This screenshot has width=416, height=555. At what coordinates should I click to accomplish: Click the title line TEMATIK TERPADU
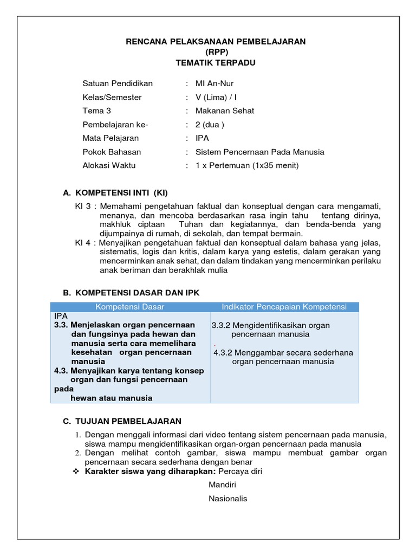[x=216, y=63]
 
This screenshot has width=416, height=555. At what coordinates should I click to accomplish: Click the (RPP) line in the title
[x=216, y=52]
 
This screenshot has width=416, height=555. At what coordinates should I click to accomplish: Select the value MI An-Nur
[x=214, y=83]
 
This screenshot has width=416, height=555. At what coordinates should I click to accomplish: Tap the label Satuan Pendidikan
[x=118, y=83]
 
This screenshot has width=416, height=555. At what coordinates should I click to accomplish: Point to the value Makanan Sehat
[x=225, y=111]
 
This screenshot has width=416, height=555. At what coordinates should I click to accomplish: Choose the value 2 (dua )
[x=210, y=125]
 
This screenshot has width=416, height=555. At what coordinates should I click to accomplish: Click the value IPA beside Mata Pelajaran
[x=202, y=138]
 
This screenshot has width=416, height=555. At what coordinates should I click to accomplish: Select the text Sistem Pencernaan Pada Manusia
[x=259, y=152]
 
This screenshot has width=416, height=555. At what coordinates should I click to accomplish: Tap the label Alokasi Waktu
[x=109, y=166]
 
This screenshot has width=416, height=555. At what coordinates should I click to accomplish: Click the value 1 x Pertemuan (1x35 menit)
[x=247, y=166]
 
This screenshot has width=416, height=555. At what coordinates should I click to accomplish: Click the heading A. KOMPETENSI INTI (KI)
[x=119, y=192]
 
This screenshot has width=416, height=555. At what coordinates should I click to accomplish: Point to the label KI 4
[x=83, y=242]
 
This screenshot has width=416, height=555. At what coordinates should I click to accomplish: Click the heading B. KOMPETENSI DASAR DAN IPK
[x=131, y=293]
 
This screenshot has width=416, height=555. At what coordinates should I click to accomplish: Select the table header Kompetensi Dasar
[x=130, y=307]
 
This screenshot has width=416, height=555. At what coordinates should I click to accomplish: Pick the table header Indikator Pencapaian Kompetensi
[x=284, y=307]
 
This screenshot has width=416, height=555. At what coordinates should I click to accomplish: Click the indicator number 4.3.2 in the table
[x=223, y=352]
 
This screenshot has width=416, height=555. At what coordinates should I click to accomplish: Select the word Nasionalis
[x=228, y=499]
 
